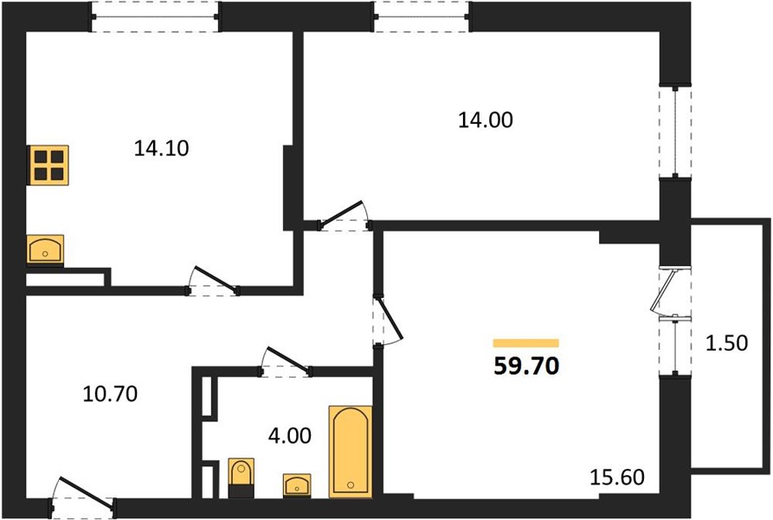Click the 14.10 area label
(x=161, y=148)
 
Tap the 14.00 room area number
(x=486, y=120)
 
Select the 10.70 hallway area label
(x=110, y=393)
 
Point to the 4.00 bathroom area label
(x=290, y=436)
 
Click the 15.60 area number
(x=617, y=477)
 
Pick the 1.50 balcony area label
(x=726, y=343)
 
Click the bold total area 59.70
(x=526, y=366)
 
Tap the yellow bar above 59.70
(x=526, y=343)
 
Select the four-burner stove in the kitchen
(x=49, y=166)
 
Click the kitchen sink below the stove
(x=45, y=250)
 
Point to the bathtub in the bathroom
(x=351, y=452)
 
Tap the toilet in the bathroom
(x=241, y=477)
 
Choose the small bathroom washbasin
(x=297, y=484)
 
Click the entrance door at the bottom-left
(x=86, y=492)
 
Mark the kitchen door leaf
(x=216, y=279)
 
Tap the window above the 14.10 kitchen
(x=155, y=16)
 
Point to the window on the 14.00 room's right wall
(x=675, y=133)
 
